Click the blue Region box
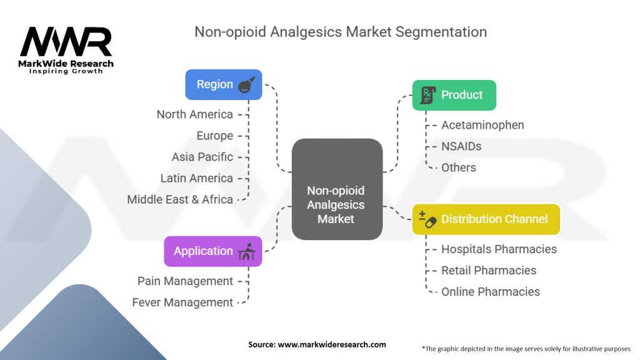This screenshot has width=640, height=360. [224, 84]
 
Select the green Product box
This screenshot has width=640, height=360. [454, 95]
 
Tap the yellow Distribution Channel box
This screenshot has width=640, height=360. [486, 219]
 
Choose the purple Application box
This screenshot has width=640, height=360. [213, 251]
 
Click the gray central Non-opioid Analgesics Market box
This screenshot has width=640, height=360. [337, 189]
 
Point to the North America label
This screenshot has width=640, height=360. [195, 114]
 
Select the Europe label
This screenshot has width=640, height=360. [215, 136]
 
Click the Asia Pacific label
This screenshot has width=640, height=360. [202, 157]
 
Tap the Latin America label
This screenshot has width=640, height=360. [197, 178]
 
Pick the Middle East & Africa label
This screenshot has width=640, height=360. [180, 199]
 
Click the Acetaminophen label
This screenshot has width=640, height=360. [482, 125]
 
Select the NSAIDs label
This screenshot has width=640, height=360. [461, 146]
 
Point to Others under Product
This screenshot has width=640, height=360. [458, 167]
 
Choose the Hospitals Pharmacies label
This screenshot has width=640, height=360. [499, 249]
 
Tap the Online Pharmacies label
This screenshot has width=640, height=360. [490, 291]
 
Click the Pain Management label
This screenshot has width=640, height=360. [185, 281]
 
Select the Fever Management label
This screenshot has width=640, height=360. [182, 302]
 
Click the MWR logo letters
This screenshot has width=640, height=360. [66, 42]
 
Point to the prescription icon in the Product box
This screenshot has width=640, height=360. [427, 95]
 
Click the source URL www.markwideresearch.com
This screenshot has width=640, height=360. [332, 344]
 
